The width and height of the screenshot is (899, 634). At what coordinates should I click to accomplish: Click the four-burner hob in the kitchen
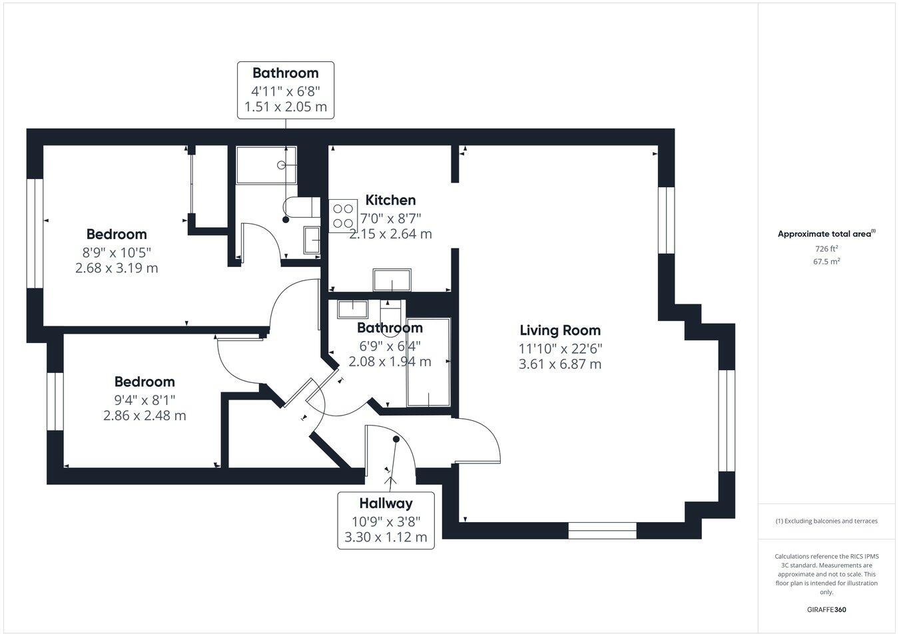343,216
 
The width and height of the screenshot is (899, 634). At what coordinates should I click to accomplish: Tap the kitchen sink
392,280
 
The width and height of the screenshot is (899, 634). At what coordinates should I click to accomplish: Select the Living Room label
559,330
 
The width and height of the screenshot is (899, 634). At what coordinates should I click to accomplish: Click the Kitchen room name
390,200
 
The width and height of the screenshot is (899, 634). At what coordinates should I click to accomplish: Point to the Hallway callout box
386,520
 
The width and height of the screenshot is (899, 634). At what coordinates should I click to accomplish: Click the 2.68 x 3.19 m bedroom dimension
117,268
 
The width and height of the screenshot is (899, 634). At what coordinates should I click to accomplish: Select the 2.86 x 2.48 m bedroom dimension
145,416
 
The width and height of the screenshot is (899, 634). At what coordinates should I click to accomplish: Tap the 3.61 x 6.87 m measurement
559,364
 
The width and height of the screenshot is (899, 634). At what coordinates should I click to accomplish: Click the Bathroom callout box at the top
286,90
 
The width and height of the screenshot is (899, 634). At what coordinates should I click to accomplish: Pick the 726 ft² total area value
826,248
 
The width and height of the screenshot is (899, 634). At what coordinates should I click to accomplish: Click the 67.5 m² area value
826,262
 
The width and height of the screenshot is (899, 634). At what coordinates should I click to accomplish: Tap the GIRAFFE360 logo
826,609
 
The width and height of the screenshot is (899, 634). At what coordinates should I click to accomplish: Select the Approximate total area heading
826,234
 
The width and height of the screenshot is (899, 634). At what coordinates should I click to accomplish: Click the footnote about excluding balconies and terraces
826,521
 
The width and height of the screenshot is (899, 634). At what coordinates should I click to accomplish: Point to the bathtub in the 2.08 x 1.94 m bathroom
428,362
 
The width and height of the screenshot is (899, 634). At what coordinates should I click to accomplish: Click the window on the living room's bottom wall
602,531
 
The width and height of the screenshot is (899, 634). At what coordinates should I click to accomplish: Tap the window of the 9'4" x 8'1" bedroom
55,402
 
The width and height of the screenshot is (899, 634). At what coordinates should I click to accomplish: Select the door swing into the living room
478,440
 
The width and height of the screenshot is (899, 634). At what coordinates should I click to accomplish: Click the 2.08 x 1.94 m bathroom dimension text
390,362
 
